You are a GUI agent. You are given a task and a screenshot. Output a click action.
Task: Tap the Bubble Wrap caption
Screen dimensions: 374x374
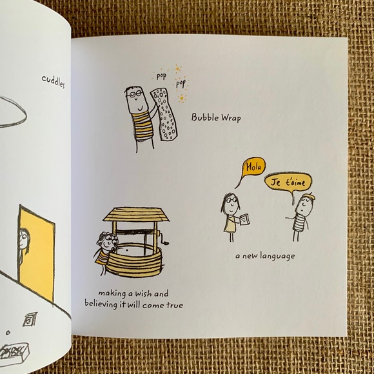pyautogui.click(x=216, y=117)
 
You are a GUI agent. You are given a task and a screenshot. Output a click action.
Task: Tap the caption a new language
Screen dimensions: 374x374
pyautogui.click(x=264, y=256)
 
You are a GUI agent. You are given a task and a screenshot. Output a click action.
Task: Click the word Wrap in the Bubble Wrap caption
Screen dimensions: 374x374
pyautogui.click(x=230, y=117)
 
